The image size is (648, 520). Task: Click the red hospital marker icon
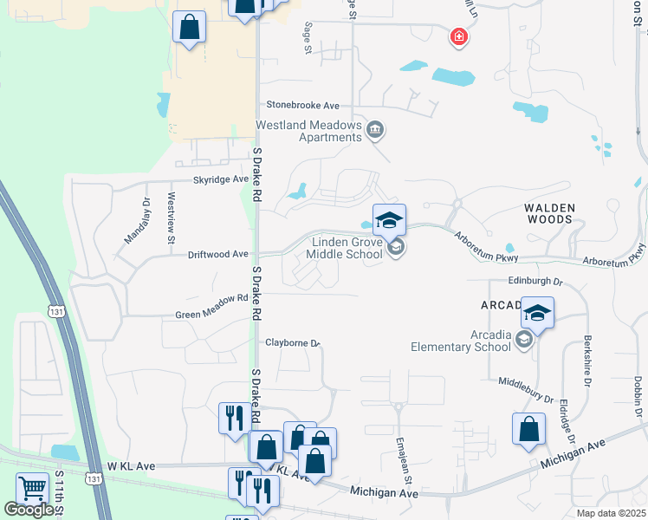(458, 36)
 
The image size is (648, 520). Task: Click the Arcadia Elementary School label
(461, 341)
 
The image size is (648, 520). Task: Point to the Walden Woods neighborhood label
(548, 213)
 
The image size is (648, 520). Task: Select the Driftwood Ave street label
(218, 255)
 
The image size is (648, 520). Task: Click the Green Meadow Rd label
(211, 304)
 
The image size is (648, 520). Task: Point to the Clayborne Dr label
(293, 342)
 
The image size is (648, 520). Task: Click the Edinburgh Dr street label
(535, 282)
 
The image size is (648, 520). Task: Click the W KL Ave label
(131, 466)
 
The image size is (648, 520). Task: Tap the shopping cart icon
(32, 489)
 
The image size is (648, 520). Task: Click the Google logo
(29, 510)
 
